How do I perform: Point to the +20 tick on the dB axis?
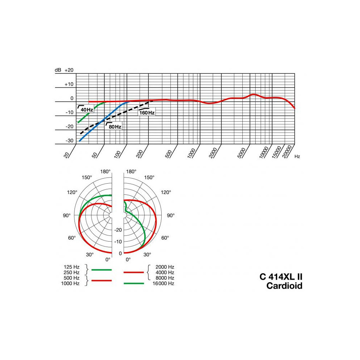[69, 70]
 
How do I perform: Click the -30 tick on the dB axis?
[69, 140]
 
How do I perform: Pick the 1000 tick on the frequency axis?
[192, 153]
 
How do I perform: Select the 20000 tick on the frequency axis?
[287, 152]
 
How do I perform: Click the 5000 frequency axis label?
[241, 153]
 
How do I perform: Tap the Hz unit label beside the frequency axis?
[297, 156]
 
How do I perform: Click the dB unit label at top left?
[58, 70]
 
